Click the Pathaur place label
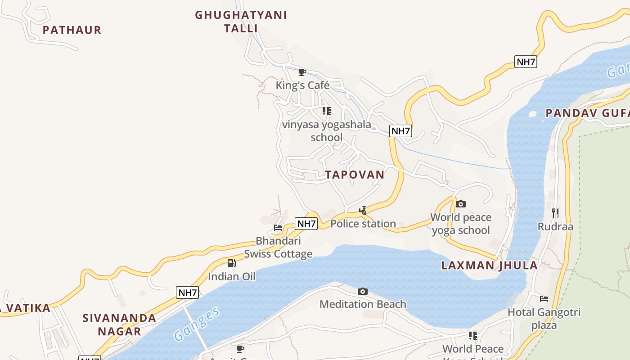72,30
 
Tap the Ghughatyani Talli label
241,22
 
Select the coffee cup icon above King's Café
302,72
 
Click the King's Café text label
302,85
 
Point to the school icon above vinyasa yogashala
327,111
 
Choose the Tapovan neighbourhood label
355,175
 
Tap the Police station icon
363,210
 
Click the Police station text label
363,224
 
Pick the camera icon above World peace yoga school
460,204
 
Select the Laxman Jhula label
489,265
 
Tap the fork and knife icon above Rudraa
555,213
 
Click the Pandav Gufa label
587,113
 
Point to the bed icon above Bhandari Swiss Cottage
278,228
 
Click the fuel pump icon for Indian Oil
231,263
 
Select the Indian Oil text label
231,276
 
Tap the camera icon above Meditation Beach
362,292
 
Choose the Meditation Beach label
363,304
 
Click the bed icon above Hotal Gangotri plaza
544,298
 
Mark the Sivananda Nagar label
119,324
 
